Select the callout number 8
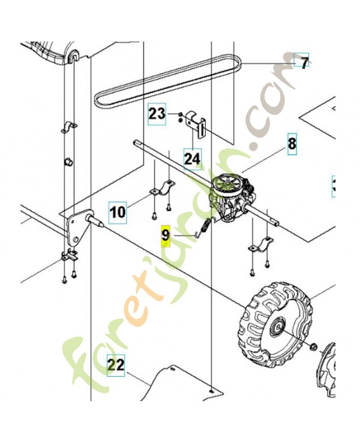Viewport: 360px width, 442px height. coord(292,144)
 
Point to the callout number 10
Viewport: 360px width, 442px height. coord(118,212)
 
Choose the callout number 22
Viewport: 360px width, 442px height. coord(116,365)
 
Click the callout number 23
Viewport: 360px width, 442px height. coord(157,114)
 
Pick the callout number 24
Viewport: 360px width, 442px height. coord(192,159)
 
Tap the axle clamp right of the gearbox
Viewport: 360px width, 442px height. coord(261,245)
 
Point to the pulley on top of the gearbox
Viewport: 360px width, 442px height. coord(226,184)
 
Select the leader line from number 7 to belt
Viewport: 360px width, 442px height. coord(268,63)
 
